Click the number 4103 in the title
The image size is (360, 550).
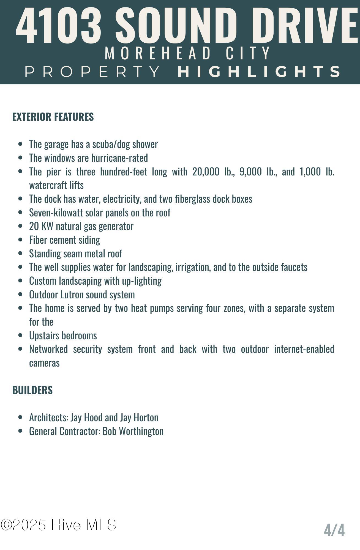tap(59, 26)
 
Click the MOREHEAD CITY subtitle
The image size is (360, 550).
tap(188, 53)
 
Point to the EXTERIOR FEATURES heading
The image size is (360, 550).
tap(53, 117)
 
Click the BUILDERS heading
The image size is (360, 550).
tap(32, 390)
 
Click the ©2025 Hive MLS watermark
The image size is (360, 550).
tap(59, 525)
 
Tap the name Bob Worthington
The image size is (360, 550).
tap(133, 431)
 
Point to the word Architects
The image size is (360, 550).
tap(49, 417)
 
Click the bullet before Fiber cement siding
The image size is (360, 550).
tap(20, 240)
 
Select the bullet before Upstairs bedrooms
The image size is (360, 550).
tap(20, 335)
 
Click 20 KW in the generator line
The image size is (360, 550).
tap(41, 226)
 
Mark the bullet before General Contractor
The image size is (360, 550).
tap(20, 431)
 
